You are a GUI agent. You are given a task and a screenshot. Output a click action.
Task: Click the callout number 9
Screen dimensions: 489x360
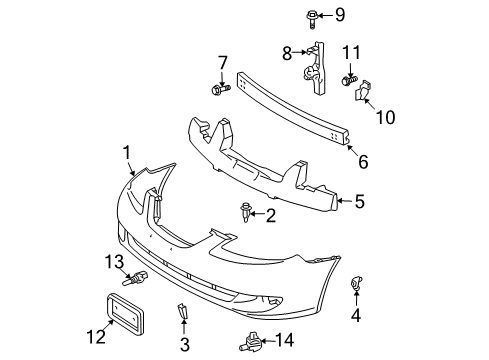pos(340,15)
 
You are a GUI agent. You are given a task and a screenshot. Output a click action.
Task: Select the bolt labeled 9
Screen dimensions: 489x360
pos(312,19)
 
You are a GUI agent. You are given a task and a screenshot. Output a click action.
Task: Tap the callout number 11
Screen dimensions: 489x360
pos(352,53)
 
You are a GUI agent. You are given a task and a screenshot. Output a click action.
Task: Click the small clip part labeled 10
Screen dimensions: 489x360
pos(362,90)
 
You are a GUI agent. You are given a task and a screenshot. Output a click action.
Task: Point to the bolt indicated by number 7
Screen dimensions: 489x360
pos(221,89)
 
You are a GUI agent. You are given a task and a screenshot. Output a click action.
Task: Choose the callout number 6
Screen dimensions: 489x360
pos(363,162)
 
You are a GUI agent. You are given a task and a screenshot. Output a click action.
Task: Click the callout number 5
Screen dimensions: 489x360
pos(359,201)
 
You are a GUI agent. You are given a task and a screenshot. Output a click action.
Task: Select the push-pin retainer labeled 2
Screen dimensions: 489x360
pos(245,212)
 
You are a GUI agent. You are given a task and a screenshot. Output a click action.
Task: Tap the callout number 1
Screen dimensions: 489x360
pos(127,153)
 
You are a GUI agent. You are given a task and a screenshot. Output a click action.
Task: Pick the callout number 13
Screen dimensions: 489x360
pos(114,262)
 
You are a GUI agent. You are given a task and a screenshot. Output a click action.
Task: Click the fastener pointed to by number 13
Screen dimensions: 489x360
pos(136,278)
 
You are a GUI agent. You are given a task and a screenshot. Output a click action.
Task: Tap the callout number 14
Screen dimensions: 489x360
pos(285,340)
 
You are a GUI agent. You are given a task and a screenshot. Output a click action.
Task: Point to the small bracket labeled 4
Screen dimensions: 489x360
pos(356,283)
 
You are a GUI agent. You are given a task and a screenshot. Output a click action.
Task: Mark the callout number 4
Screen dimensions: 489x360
pos(356,315)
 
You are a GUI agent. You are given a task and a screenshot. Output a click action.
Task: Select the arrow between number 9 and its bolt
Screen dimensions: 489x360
pos(325,15)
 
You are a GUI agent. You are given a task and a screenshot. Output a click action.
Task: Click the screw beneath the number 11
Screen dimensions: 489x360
pos(349,80)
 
